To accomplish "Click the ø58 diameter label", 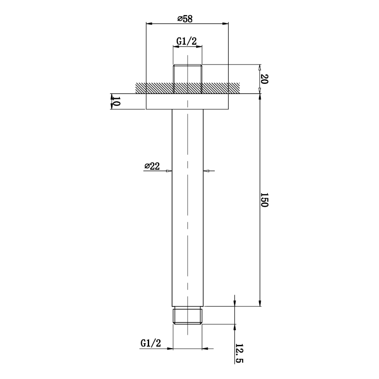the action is pos(185,19).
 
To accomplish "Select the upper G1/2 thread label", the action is pos(187,41).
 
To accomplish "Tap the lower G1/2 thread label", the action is pos(151,343).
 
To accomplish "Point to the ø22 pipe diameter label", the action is pos(152,166).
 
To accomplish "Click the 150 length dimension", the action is pos(264,200).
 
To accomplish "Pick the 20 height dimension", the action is pos(264,79).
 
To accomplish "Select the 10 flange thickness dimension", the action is pos(116,101).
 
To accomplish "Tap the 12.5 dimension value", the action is pos(239,353).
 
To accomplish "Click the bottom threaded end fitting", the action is pos(187,315).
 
